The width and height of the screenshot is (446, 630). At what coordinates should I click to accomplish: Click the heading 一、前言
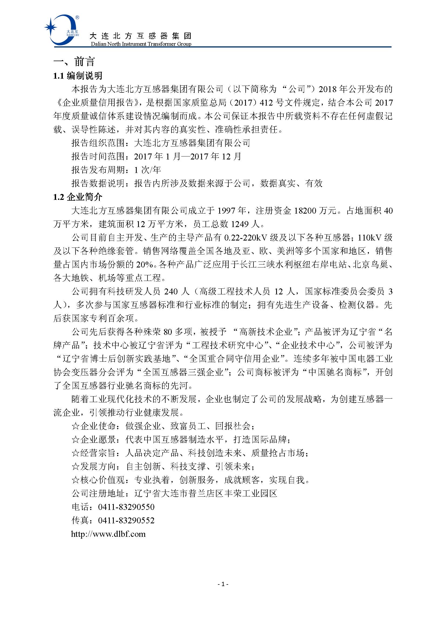coord(74,61)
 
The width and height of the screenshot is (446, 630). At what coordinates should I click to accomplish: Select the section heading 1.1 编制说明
coord(78,76)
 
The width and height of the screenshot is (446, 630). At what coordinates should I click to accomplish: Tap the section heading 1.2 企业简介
coord(78,197)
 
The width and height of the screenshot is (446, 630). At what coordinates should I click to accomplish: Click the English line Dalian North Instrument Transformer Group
coord(141,44)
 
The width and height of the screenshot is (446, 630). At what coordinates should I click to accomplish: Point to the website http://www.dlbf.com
coord(108,534)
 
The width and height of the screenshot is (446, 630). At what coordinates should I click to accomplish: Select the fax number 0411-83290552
coord(126,521)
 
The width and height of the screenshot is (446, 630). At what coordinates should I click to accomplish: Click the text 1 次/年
coord(147,170)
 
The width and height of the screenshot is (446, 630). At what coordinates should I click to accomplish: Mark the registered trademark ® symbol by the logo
coord(77,18)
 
